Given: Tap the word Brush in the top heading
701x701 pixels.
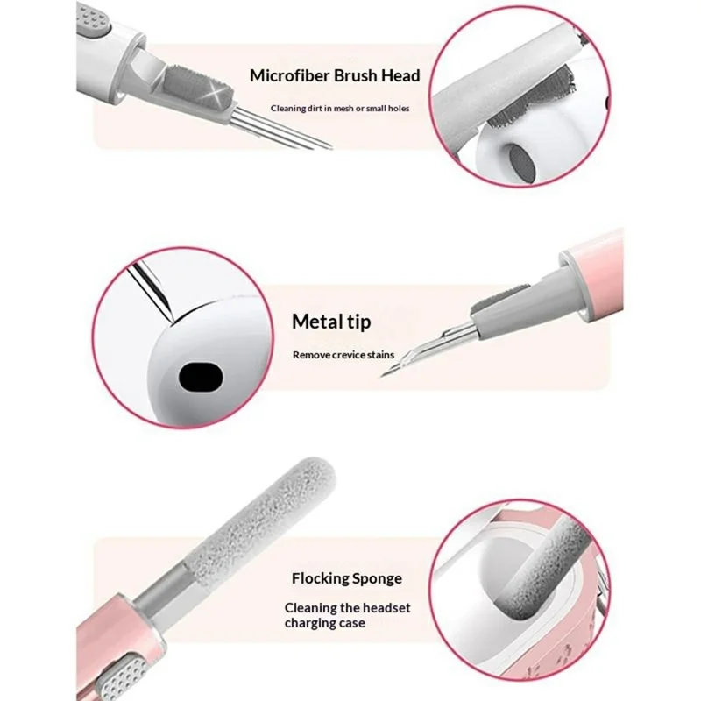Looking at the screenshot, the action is point(356,75).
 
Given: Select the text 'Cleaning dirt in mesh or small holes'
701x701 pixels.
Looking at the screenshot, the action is point(340,108).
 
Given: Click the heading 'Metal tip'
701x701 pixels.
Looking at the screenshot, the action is point(331,322).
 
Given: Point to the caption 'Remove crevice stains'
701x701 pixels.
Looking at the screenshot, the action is point(343,355).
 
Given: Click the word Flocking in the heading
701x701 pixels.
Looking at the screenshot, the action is point(317,578).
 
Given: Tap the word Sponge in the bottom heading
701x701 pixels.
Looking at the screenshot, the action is point(375,578).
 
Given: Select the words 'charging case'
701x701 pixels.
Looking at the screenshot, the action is point(324,623).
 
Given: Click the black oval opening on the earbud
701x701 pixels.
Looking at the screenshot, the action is point(201,377).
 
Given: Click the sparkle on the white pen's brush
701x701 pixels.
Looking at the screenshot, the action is point(217,96).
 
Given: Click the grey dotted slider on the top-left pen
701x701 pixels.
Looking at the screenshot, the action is point(93,21).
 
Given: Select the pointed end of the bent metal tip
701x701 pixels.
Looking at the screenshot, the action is point(382,376).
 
